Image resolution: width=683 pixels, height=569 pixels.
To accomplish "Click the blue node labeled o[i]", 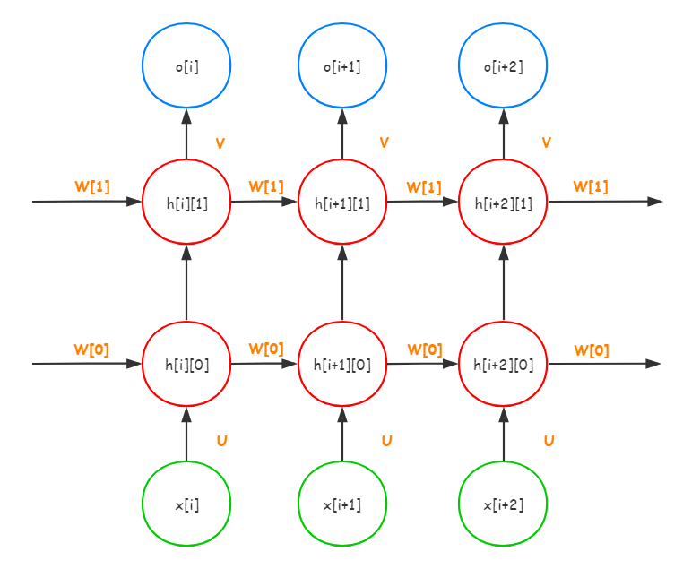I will pos(186,65).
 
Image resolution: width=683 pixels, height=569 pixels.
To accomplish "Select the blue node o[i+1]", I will pos(342,65).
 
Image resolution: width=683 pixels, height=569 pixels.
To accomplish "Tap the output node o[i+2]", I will pos(503,65).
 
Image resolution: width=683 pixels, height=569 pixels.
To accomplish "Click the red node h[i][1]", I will pos(186,203).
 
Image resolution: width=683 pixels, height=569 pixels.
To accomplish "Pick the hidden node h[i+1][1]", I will pos(342,203).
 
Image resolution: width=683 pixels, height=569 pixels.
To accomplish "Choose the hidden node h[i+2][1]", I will pos(503,203).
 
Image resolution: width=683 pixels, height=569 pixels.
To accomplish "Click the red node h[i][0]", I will pos(186,364).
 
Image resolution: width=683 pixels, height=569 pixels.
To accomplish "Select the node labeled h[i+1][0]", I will pos(342,364).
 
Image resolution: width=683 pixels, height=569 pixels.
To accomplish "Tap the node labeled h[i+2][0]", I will pos(503,364).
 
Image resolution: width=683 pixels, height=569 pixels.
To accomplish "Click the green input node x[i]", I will pos(186,504).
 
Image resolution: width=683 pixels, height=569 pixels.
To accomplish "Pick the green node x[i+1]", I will pos(342,504).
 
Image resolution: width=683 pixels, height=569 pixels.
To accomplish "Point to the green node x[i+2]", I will pos(503,504).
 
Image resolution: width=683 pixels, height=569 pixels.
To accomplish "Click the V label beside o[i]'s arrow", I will pos(220,142).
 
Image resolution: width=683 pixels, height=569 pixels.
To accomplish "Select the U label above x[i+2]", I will pos(549,440).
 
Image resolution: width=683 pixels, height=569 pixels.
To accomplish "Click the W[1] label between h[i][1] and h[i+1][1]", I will pos(266,186).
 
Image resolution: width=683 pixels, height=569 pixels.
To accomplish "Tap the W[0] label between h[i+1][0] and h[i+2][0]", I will pos(425,349).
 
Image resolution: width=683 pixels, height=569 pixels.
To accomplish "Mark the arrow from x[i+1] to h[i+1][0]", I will pos(342,434).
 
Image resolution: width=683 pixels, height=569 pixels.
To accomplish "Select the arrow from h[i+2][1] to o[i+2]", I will pos(503,134).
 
